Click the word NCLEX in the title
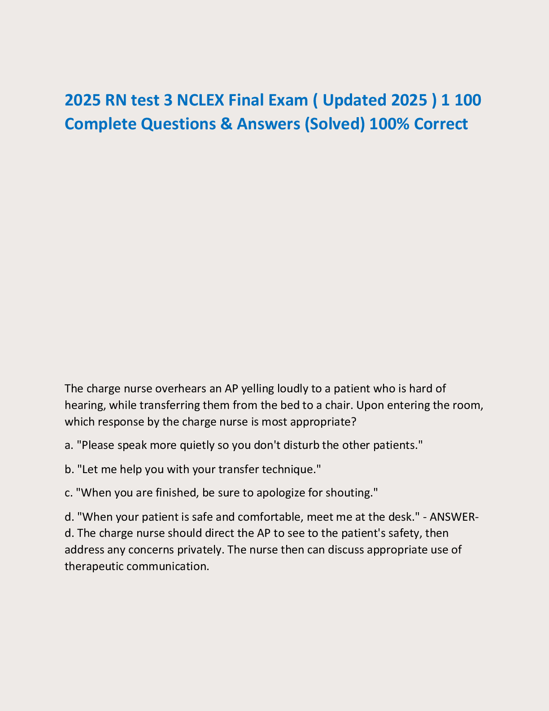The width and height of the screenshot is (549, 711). pyautogui.click(x=200, y=100)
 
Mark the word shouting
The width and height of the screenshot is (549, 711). pyautogui.click(x=355, y=493)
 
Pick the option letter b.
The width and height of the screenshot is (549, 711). pyautogui.click(x=68, y=469)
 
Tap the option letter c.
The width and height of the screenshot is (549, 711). pyautogui.click(x=68, y=493)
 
